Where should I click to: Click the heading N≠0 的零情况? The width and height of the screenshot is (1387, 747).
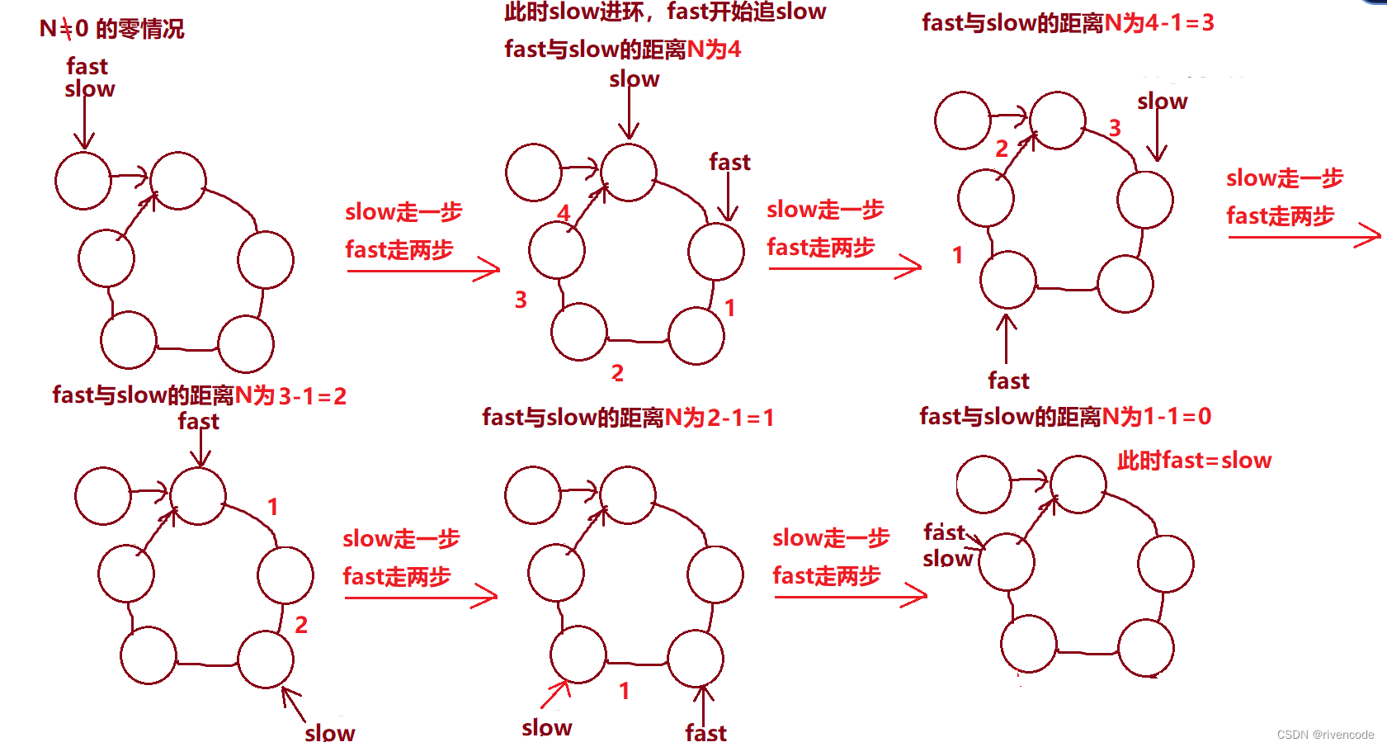click(x=111, y=30)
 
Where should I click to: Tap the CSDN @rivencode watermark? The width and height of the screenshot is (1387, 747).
click(x=1325, y=735)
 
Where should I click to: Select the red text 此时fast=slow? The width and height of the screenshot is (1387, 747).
click(x=1194, y=461)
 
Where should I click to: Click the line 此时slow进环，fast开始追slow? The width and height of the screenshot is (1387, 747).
click(x=665, y=12)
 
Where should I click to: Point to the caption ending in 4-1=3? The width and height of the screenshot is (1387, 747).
click(x=1068, y=23)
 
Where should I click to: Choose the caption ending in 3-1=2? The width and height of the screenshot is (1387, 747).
click(x=199, y=396)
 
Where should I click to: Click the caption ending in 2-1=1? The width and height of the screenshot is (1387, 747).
click(x=628, y=418)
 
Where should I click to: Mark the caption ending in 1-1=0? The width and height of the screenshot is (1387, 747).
click(x=1065, y=416)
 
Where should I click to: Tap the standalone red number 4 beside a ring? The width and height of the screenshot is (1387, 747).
click(x=564, y=213)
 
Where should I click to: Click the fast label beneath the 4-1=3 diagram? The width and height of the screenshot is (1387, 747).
click(x=1008, y=381)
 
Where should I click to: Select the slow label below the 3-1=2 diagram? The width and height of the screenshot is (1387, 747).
click(x=329, y=732)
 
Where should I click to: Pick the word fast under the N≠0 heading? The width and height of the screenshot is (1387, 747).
click(x=87, y=66)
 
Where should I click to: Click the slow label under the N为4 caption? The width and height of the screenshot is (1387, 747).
click(x=634, y=79)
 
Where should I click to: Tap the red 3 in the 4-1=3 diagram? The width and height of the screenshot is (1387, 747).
click(x=1115, y=128)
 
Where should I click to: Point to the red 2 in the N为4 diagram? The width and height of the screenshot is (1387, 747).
click(x=617, y=373)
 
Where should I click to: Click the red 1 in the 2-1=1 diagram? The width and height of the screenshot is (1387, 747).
click(x=625, y=691)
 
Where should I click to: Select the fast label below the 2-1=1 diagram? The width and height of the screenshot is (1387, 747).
click(x=705, y=732)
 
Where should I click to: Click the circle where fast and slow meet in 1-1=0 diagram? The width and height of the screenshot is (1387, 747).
click(x=1007, y=561)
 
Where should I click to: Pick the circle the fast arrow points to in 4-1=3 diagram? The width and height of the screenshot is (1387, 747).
click(x=1007, y=280)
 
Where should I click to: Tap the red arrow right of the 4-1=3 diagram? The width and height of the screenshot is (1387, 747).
click(x=1304, y=237)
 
